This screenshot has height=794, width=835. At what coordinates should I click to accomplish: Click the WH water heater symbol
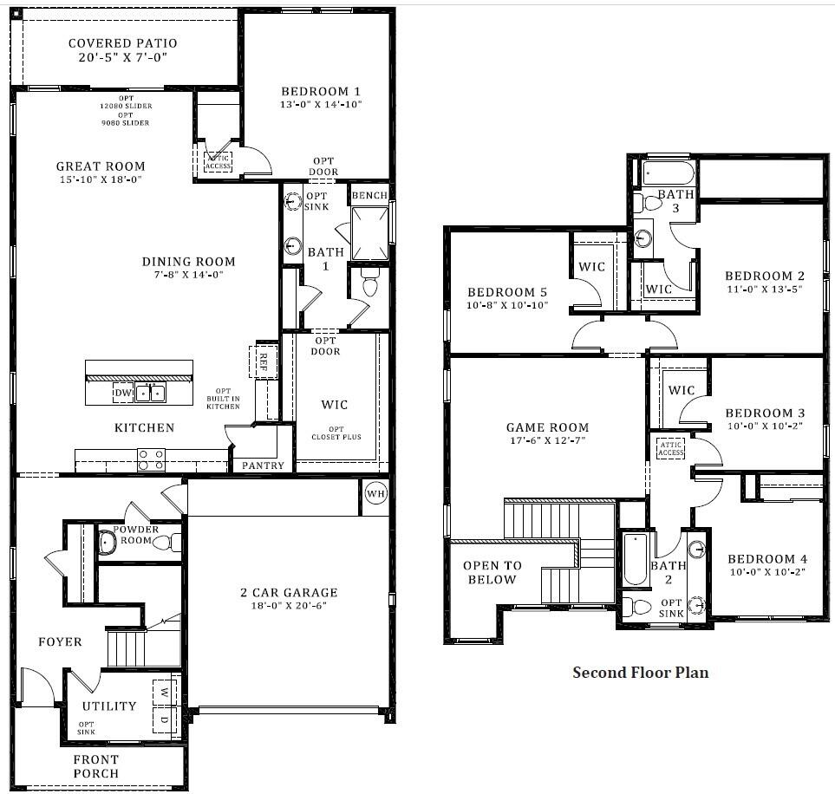(376, 494)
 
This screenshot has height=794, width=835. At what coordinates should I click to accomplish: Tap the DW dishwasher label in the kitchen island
(123, 393)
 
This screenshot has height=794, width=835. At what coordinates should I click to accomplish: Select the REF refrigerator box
(263, 361)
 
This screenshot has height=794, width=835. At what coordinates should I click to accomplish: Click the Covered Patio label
(123, 43)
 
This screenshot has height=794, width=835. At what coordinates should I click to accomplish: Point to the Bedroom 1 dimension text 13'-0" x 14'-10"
(321, 104)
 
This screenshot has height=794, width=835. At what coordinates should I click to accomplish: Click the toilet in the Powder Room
(168, 543)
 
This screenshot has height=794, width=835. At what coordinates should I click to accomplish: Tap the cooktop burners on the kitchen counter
(151, 460)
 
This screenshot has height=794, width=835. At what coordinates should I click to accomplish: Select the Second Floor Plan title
(641, 673)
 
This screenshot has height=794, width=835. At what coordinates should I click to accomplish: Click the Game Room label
(547, 427)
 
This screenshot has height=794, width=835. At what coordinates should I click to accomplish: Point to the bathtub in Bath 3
(669, 173)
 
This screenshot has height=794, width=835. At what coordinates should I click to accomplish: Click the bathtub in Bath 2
(636, 559)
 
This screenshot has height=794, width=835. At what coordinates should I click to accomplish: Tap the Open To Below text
(492, 572)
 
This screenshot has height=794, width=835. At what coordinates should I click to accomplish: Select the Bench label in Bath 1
(369, 195)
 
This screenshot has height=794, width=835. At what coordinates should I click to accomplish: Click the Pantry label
(263, 465)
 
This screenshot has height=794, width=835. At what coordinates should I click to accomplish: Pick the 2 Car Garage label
(289, 593)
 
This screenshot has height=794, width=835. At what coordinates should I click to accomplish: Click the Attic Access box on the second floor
(670, 448)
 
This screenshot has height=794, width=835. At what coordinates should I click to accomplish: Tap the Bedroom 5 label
(507, 292)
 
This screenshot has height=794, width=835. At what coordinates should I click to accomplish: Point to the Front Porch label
(96, 766)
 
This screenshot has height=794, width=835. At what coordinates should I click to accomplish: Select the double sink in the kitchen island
(151, 393)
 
